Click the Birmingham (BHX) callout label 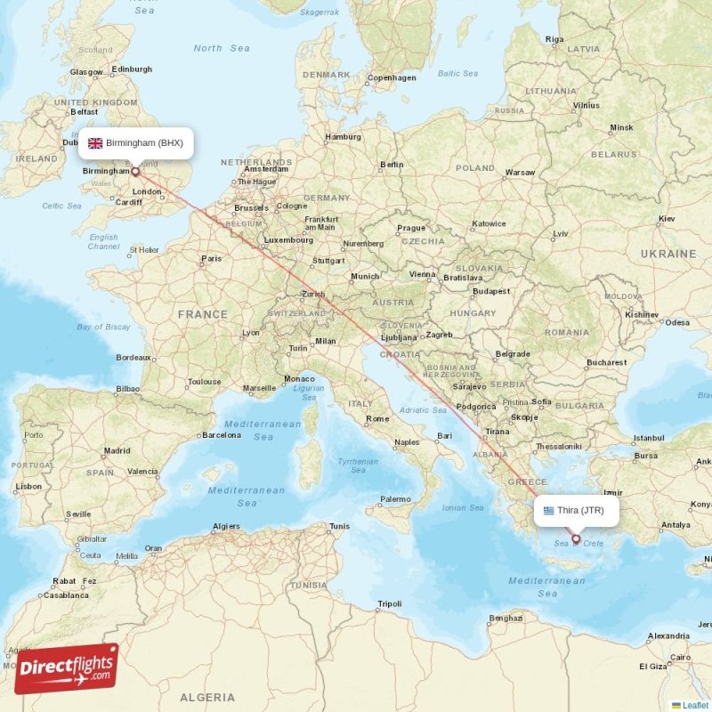pyautogui.click(x=135, y=143)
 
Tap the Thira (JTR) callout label pyautogui.click(x=576, y=511)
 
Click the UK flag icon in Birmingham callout pyautogui.click(x=95, y=143)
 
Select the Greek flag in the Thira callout pyautogui.click(x=548, y=511)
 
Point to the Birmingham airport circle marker pyautogui.click(x=135, y=171)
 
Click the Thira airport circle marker pyautogui.click(x=576, y=538)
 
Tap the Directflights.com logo pyautogui.click(x=66, y=667)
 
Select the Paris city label pyautogui.click(x=211, y=259)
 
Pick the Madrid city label pyautogui.click(x=117, y=451)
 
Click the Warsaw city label pyautogui.click(x=520, y=172)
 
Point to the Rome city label pyautogui.click(x=377, y=418)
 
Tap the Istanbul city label pyautogui.click(x=648, y=438)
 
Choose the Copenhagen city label pyautogui.click(x=392, y=77)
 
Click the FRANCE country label pyautogui.click(x=202, y=314)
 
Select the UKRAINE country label pyautogui.click(x=667, y=254)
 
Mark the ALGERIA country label pyautogui.click(x=207, y=696)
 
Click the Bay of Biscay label pyautogui.click(x=103, y=327)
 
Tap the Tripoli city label pyautogui.click(x=390, y=603)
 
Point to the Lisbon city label pyautogui.click(x=28, y=487)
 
